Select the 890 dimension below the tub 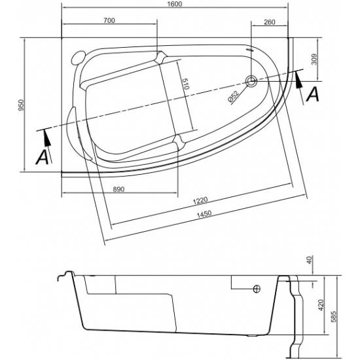118,189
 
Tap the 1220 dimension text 200,200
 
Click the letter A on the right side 314,95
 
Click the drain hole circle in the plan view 252,82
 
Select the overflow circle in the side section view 257,289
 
